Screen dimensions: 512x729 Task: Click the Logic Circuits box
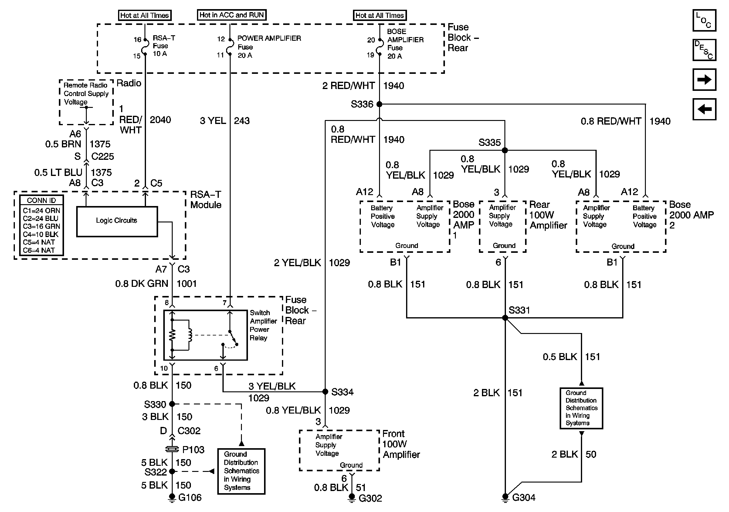[117, 221]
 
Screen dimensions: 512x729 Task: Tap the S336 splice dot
[379, 104]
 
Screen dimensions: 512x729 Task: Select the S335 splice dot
[504, 150]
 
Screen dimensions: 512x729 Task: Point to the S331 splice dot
[505, 318]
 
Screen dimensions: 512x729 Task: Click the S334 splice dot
[325, 392]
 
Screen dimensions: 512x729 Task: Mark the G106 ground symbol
[172, 498]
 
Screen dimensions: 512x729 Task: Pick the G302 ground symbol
[351, 498]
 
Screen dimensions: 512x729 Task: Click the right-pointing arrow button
[704, 79]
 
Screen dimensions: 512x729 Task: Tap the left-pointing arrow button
[704, 109]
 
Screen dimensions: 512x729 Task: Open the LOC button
[704, 20]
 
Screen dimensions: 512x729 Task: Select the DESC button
[704, 50]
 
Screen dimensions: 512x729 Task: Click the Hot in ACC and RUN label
[232, 15]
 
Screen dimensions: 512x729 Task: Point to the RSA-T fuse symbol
[145, 47]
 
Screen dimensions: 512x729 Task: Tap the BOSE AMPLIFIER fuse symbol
[379, 47]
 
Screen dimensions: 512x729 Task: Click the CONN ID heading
[41, 201]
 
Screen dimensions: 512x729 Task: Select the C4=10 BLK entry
[41, 234]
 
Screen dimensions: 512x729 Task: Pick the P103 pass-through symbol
[172, 449]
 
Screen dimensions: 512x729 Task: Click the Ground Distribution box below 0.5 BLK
[581, 408]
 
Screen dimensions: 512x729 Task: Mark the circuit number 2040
[160, 120]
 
